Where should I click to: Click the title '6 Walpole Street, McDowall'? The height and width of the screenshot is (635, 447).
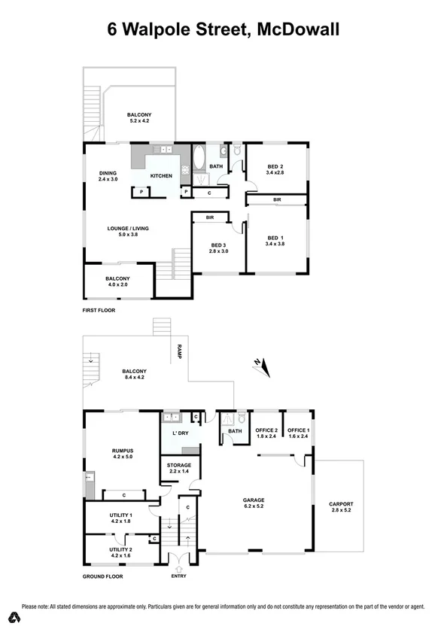[x=223, y=30]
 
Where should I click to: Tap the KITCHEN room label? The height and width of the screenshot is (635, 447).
[x=161, y=176]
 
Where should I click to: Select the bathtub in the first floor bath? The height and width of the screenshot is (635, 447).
[x=199, y=160]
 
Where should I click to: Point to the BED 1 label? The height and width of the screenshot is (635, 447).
[x=275, y=239]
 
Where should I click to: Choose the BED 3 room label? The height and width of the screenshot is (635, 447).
[x=218, y=246]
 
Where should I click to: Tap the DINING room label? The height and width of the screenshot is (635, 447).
[x=108, y=175]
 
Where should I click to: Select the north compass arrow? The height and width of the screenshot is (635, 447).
[x=260, y=366]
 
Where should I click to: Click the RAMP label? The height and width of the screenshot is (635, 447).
[x=180, y=350]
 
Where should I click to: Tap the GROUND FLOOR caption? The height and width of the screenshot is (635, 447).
[x=102, y=576]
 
